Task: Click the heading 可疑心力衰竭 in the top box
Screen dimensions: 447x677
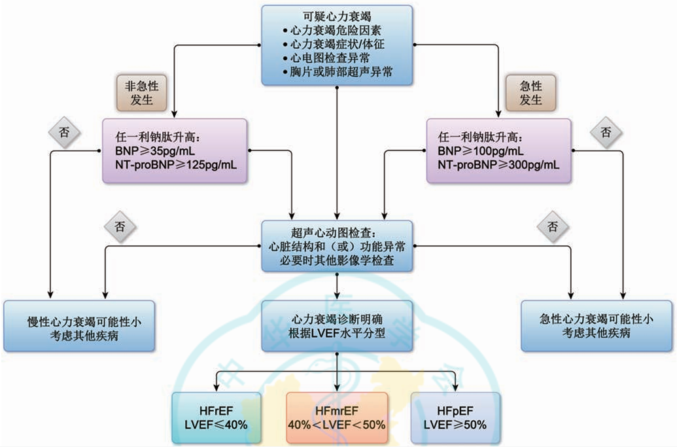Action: [x=337, y=16]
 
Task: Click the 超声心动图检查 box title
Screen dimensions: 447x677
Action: [x=337, y=232]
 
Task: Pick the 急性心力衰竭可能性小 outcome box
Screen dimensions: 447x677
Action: [x=596, y=327]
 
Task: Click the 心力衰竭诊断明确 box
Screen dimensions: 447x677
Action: [x=337, y=320]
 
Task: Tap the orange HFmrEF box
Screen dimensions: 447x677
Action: [x=336, y=417]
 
